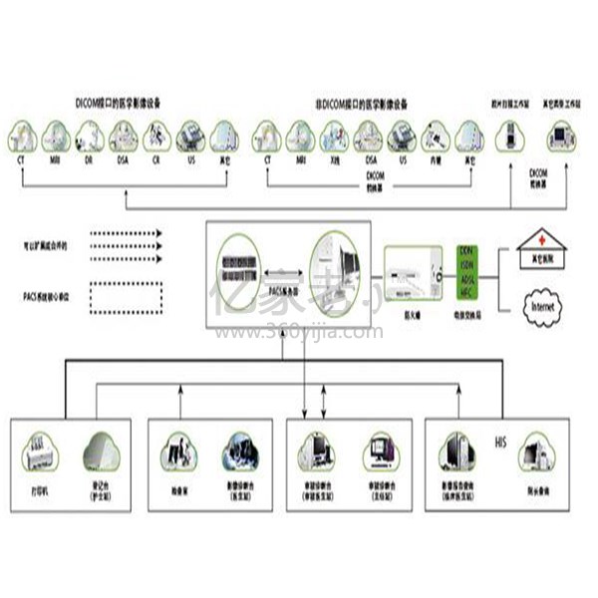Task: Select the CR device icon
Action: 156,135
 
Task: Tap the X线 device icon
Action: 334,136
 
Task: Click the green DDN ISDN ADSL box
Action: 466,270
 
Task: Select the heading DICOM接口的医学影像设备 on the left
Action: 119,103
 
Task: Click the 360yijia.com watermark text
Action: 296,332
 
